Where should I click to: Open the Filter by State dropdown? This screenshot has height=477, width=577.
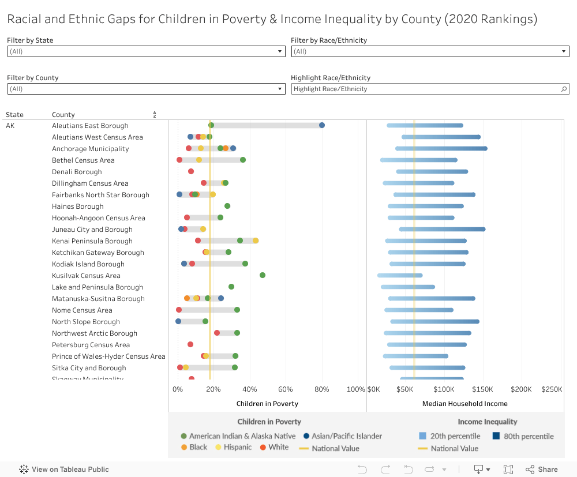point(146,51)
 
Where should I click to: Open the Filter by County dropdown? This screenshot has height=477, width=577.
point(146,89)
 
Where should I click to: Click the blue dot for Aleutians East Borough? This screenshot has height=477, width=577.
point(322,125)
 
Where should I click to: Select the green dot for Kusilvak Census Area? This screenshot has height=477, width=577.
point(263,275)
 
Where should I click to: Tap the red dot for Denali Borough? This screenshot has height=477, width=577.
point(191,171)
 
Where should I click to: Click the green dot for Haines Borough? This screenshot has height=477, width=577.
point(227,206)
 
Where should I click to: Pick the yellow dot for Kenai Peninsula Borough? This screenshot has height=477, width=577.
point(256,241)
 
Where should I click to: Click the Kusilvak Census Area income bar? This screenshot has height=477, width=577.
point(400,276)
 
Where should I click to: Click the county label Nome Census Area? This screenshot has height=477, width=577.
point(83,310)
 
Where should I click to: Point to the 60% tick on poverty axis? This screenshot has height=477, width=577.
point(286,389)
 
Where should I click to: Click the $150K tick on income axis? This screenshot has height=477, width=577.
point(483,389)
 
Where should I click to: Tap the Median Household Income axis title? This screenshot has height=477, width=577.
point(464,404)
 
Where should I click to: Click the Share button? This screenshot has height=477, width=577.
point(542,470)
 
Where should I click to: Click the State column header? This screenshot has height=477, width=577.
point(15,115)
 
